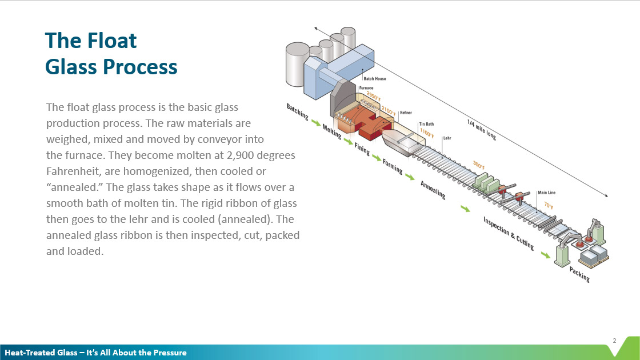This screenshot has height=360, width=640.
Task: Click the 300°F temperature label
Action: (478, 166)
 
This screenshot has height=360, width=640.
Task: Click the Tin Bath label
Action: (426, 123)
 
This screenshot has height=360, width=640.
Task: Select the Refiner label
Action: (406, 113)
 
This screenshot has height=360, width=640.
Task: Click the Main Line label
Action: (546, 193)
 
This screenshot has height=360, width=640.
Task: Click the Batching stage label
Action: (298, 112)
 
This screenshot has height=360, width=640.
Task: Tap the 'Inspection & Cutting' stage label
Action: (509, 233)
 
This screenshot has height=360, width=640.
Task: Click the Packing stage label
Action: (579, 275)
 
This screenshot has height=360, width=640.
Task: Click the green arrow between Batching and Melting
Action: (315, 122)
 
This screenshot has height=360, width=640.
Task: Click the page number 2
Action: (614, 341)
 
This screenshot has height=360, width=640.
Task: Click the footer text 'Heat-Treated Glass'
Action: (40, 353)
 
